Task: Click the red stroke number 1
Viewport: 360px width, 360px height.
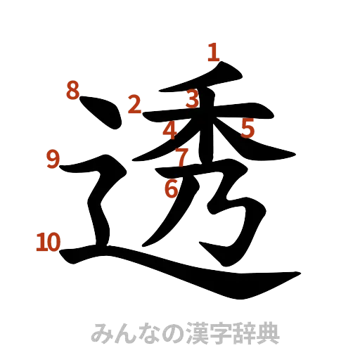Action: (x=213, y=51)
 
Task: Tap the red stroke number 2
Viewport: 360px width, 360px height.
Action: (x=134, y=105)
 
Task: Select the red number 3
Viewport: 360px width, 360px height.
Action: (x=192, y=100)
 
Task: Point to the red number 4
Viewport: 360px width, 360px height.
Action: (x=170, y=130)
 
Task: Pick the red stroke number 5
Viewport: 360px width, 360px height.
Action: (x=247, y=128)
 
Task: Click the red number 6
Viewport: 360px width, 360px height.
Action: (x=171, y=188)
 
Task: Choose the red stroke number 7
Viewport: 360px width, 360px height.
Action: (x=181, y=157)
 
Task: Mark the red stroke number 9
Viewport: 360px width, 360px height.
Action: (x=53, y=159)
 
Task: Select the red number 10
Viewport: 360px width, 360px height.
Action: (x=48, y=243)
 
